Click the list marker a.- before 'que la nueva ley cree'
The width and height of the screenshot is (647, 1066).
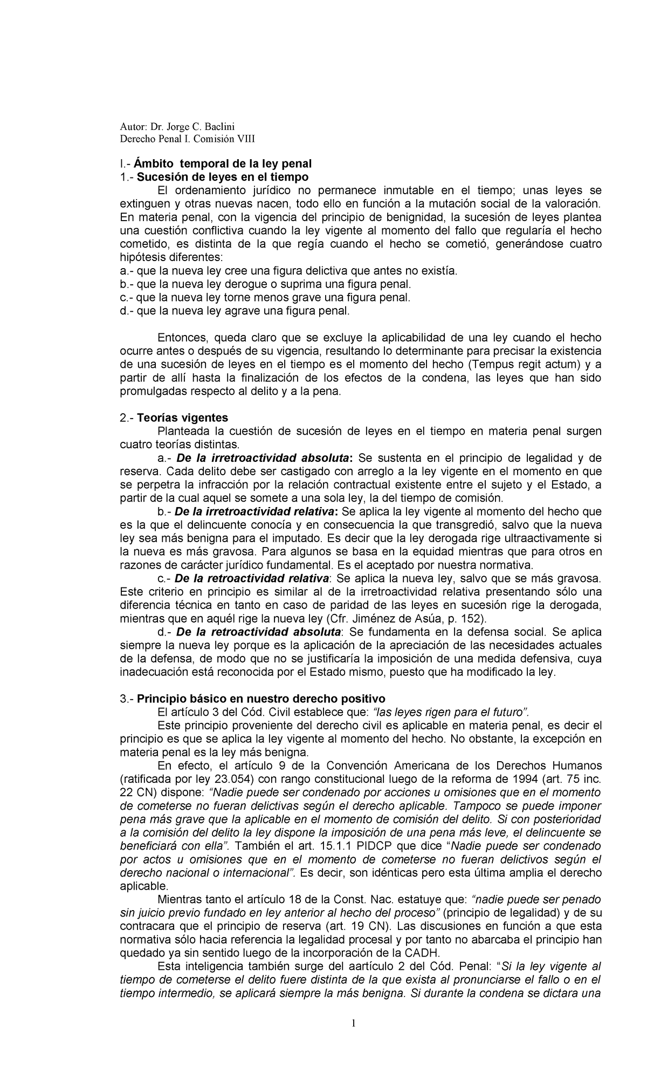(126, 271)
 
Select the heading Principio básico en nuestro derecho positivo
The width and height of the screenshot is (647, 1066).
(261, 699)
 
